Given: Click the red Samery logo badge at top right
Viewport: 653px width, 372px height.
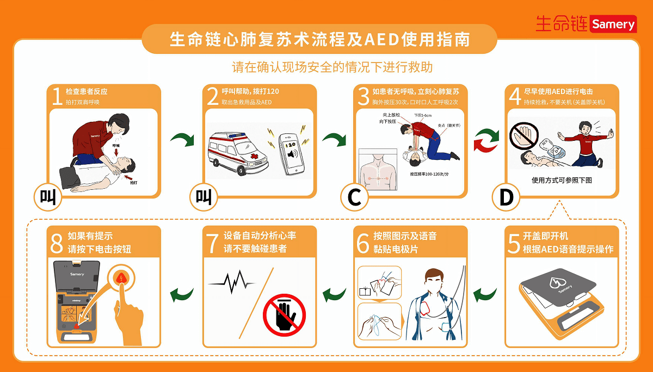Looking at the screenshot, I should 613,24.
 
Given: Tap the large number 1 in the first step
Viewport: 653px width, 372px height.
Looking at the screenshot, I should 56,97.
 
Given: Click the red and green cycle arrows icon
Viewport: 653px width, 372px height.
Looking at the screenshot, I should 485,139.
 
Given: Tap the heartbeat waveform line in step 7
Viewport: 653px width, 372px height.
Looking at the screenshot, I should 231,282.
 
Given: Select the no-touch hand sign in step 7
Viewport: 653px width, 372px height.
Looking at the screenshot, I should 284,315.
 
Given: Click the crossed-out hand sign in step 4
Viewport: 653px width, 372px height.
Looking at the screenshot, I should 526,134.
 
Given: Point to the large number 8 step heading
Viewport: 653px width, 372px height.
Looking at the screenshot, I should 57,243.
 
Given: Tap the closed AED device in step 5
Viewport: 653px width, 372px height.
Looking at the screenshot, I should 560,296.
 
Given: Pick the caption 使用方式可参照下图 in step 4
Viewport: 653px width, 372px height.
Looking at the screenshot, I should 561,180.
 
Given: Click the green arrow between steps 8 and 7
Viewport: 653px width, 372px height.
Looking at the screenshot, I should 182,295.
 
